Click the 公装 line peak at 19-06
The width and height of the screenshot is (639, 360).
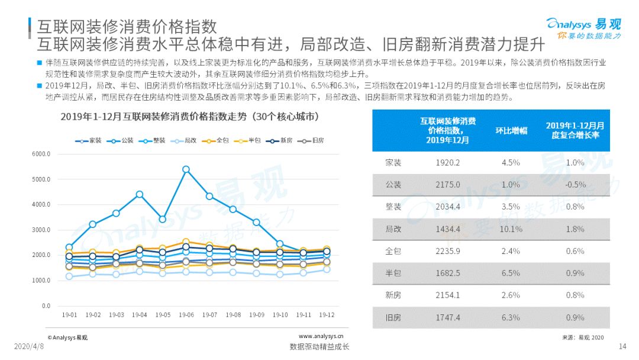pyautogui.click(x=186, y=169)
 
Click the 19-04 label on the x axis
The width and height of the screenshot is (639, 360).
pyautogui.click(x=140, y=314)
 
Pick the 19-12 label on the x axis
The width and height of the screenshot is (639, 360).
pyautogui.click(x=325, y=314)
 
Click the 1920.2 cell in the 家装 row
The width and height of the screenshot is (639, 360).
pyautogui.click(x=447, y=162)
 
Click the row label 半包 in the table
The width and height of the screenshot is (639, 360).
pyautogui.click(x=393, y=274)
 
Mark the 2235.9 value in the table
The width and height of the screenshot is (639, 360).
pyautogui.click(x=447, y=251)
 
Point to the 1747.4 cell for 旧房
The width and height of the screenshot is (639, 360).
pyautogui.click(x=447, y=318)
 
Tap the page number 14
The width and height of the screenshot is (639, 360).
pyautogui.click(x=622, y=346)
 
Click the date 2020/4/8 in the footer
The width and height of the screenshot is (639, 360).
pyautogui.click(x=29, y=346)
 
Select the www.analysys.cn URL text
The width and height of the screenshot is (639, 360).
pyautogui.click(x=318, y=336)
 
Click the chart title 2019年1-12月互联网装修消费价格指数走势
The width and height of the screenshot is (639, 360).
pyautogui.click(x=195, y=117)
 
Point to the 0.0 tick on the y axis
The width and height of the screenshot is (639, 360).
pyautogui.click(x=46, y=306)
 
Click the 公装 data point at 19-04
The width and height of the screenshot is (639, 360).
pyautogui.click(x=140, y=194)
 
